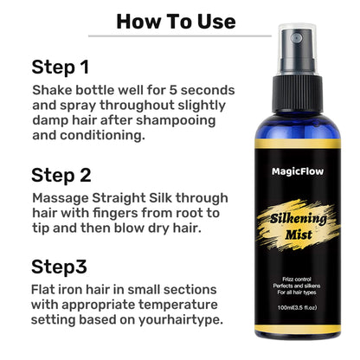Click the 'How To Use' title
point(176,20)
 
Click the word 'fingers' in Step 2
point(88,214)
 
